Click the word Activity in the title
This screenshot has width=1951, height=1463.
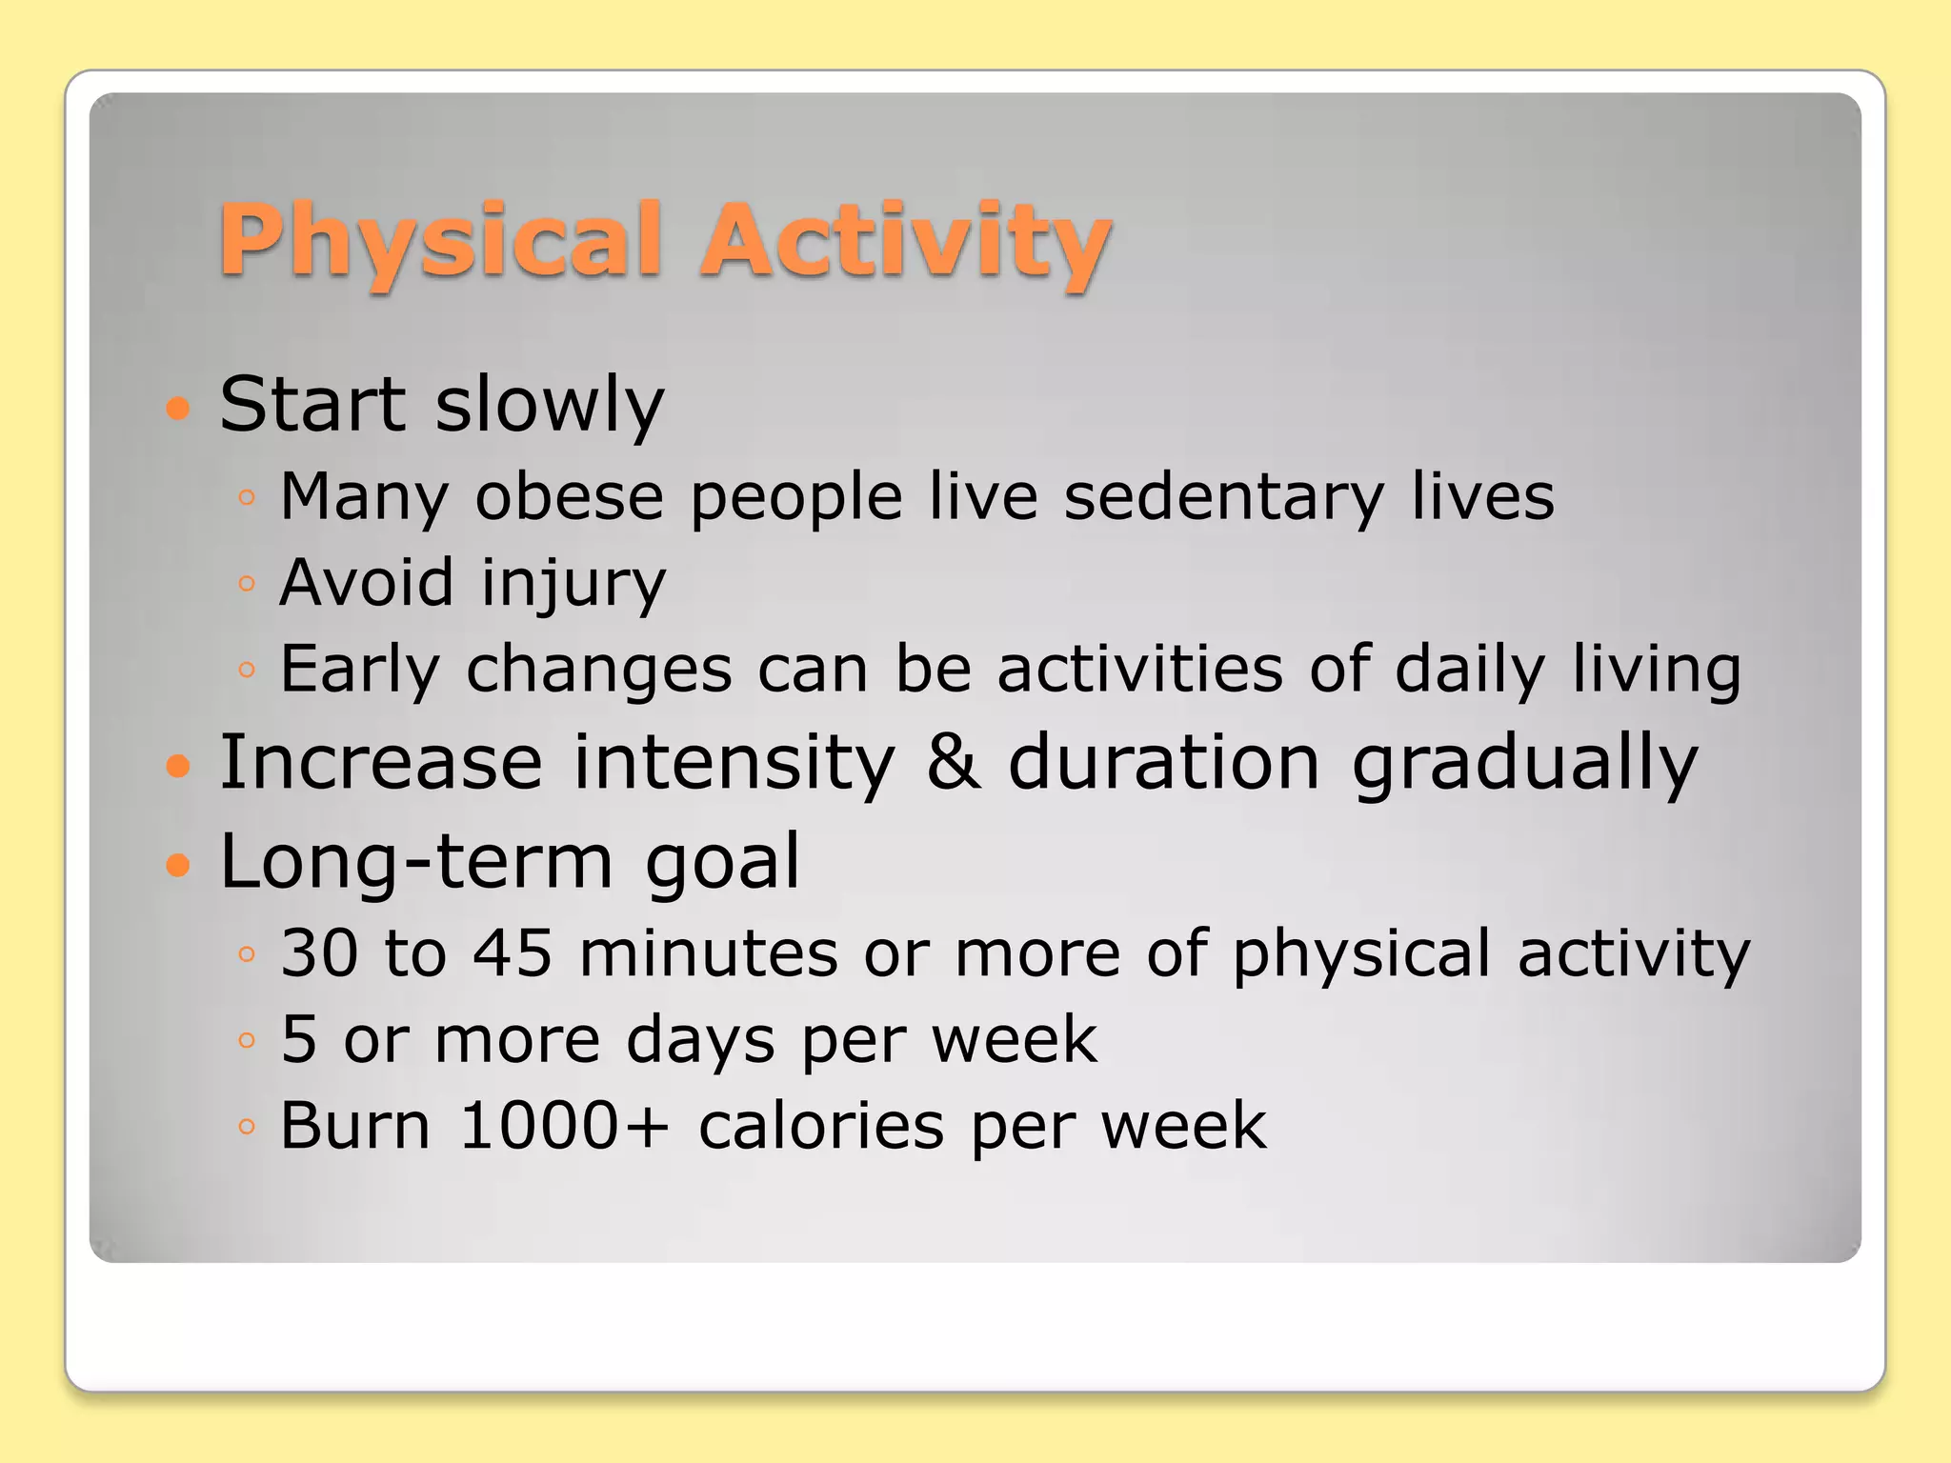coord(905,243)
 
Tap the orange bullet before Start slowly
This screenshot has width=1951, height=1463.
coord(178,410)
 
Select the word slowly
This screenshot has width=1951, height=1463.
coord(550,406)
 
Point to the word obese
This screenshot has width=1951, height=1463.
coord(569,497)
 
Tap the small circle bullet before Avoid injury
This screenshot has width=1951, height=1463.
coord(247,583)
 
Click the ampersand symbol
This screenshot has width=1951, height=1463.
coord(954,762)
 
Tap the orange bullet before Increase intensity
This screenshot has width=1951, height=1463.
coord(178,766)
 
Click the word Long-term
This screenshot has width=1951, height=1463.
coord(416,861)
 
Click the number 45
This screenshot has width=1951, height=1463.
coord(513,952)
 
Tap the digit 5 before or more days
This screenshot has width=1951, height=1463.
coord(298,1039)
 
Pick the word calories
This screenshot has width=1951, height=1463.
coord(821,1126)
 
